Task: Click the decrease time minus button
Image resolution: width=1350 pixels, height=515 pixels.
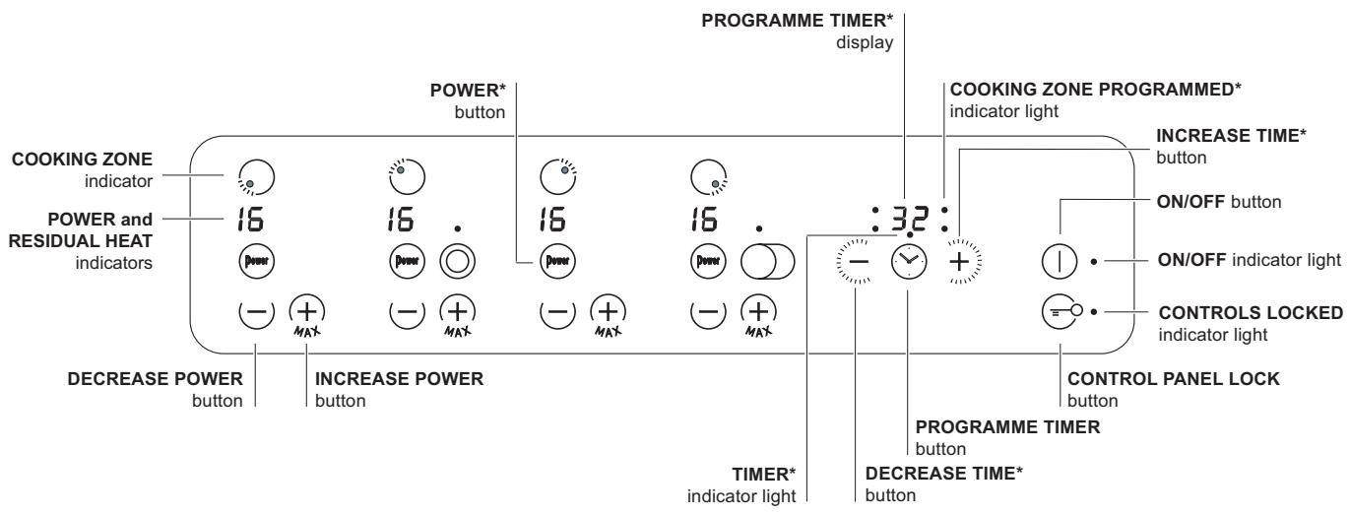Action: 855,262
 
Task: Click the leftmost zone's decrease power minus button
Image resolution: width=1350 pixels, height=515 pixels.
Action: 254,310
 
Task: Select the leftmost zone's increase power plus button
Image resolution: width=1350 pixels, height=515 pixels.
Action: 305,310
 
